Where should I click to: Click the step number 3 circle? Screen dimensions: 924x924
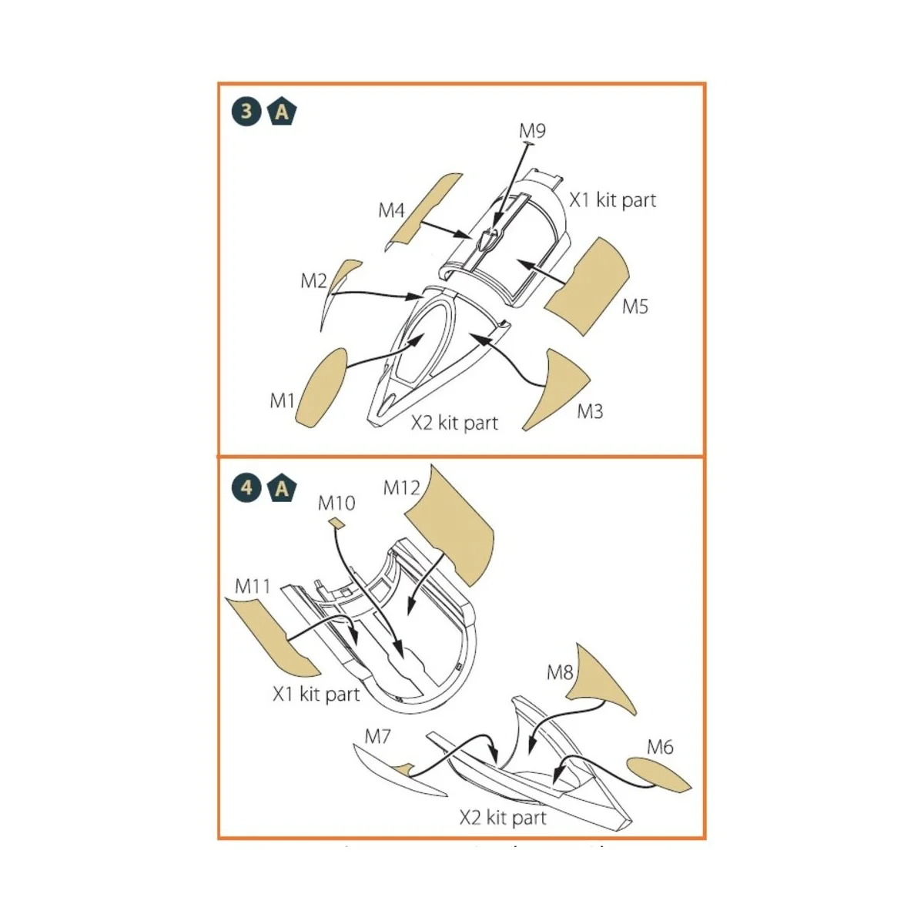[246, 112]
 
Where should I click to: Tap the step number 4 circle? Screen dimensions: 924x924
[246, 488]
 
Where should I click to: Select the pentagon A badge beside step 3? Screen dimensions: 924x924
[282, 112]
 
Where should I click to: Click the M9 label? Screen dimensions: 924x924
[532, 130]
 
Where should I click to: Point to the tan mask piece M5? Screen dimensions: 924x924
[588, 286]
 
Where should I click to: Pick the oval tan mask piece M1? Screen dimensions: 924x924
[320, 388]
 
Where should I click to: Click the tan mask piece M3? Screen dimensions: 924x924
[556, 390]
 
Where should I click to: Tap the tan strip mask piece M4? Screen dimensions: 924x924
[423, 212]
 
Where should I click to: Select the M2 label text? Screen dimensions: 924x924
[313, 281]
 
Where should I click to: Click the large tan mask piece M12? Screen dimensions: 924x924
[449, 525]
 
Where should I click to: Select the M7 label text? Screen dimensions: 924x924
[377, 737]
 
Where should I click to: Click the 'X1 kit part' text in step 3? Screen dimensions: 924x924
[612, 200]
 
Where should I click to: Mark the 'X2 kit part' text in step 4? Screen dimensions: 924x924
[503, 818]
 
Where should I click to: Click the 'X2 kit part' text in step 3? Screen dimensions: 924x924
[454, 423]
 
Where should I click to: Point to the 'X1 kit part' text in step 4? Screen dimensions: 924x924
[316, 694]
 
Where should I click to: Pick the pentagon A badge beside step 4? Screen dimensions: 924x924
[282, 489]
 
